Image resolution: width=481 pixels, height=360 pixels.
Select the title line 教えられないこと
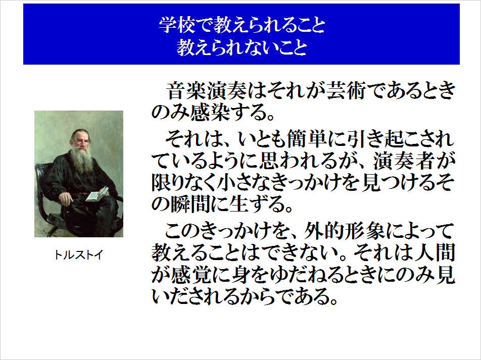pos(242,47)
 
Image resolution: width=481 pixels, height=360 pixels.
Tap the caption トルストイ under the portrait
pos(78,255)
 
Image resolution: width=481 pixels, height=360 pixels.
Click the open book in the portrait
pos(97,194)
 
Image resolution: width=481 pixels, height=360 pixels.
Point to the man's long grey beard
pos(82,160)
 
